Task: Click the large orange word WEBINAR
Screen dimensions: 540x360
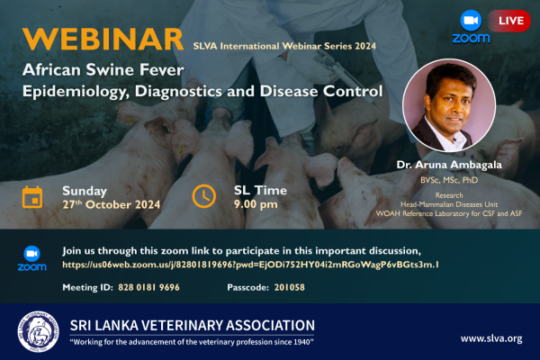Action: pyautogui.click(x=103, y=40)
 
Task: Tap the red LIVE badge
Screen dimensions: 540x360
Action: pyautogui.click(x=509, y=21)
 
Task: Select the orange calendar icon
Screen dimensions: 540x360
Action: pyautogui.click(x=32, y=197)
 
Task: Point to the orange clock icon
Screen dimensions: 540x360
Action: pyautogui.click(x=204, y=196)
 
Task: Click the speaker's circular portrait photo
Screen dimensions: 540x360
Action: pyautogui.click(x=449, y=105)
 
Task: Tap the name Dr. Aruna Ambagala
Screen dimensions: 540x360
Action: pyautogui.click(x=449, y=165)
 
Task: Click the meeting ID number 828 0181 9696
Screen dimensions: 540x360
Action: pyautogui.click(x=148, y=287)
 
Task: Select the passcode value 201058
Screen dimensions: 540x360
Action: pyautogui.click(x=289, y=287)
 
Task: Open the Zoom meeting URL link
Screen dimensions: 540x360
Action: pyautogui.click(x=250, y=265)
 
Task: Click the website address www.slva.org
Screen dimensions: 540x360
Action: pyautogui.click(x=491, y=338)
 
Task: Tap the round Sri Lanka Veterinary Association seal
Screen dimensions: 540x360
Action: pyautogui.click(x=38, y=331)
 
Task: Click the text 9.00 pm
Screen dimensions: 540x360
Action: pyautogui.click(x=256, y=204)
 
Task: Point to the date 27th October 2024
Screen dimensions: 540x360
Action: pyautogui.click(x=112, y=204)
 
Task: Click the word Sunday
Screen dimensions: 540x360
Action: pyautogui.click(x=85, y=191)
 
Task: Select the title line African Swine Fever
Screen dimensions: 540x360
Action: pyautogui.click(x=103, y=70)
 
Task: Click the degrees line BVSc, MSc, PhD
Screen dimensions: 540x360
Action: pyautogui.click(x=449, y=180)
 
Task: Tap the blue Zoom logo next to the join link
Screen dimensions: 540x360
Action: pyautogui.click(x=32, y=258)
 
